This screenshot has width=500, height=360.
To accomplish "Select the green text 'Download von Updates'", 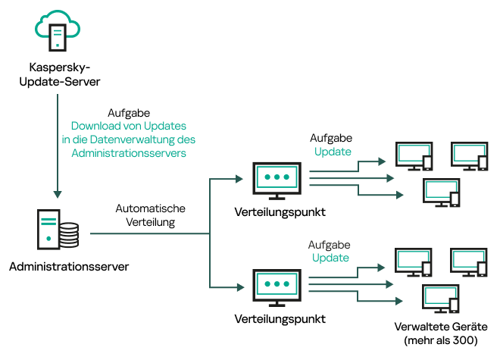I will (129, 125).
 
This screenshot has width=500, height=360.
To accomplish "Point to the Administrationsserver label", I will (69, 267).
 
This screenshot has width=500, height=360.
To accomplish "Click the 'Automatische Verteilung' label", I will (150, 215).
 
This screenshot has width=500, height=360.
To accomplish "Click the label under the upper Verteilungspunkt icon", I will (280, 212).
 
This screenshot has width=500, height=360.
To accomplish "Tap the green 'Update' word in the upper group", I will (333, 152).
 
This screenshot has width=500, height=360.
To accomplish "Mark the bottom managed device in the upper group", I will (442, 193).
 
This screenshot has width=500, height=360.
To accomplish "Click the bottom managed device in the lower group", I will (442, 299).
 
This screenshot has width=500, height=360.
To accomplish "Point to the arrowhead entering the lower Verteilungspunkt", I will (241, 286).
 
